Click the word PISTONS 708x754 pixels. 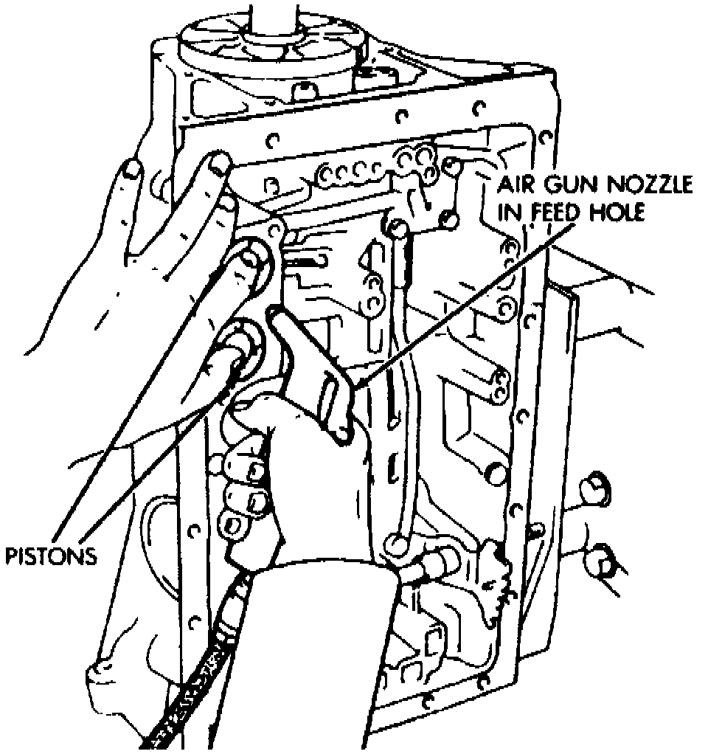[50, 554]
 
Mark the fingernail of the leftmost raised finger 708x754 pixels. [131, 169]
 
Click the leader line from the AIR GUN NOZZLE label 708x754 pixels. [457, 302]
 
